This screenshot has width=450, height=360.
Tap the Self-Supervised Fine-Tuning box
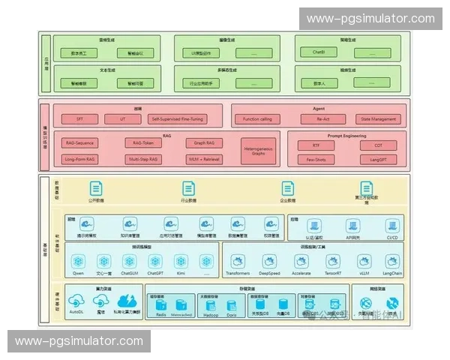point(177,118)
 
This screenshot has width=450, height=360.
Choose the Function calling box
point(258,118)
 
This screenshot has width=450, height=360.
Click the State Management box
point(378,118)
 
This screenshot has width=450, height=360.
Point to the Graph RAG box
point(204,142)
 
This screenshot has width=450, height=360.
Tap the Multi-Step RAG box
point(142,159)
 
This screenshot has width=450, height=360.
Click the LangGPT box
point(378,159)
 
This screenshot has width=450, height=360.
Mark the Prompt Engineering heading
point(346,136)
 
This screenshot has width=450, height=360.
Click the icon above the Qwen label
point(78,261)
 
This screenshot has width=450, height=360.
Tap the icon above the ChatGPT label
point(154,261)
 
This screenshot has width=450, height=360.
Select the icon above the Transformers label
point(238,261)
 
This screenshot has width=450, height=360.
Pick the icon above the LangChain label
point(392,261)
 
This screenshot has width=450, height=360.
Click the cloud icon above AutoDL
point(76,301)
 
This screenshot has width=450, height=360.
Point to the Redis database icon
point(161,304)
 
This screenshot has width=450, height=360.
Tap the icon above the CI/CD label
point(391,224)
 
